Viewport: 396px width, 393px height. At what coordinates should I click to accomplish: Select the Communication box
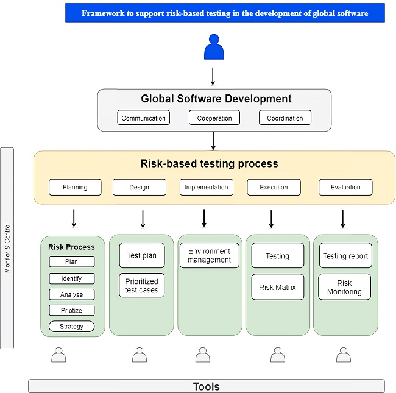point(144,118)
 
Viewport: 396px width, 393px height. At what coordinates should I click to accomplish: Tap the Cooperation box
point(214,118)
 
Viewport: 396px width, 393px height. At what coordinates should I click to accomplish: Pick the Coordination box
point(285,118)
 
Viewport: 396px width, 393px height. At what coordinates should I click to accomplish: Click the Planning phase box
point(76,188)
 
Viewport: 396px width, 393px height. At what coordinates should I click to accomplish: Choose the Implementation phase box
point(206,188)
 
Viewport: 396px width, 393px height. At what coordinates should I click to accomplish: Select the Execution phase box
point(274,188)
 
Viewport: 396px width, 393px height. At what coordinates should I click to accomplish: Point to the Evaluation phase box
point(345,188)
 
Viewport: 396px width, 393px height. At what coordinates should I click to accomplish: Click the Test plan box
point(142,256)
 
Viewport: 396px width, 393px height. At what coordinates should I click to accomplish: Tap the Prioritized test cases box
point(142,286)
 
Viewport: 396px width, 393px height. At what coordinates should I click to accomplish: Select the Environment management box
point(209,255)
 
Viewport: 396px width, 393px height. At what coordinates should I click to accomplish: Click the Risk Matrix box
point(277,287)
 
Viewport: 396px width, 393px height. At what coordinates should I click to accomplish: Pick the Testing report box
point(345,256)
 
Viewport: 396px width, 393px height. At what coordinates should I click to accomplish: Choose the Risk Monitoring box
point(345,288)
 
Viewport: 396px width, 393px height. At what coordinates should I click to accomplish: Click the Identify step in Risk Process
point(72,278)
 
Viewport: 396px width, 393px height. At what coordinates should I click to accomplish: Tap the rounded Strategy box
point(72,327)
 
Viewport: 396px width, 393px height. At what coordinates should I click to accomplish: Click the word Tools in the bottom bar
point(206,386)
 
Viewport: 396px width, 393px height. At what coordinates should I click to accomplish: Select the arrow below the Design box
point(143,218)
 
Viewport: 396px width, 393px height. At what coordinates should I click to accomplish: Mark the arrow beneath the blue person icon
point(213,76)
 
